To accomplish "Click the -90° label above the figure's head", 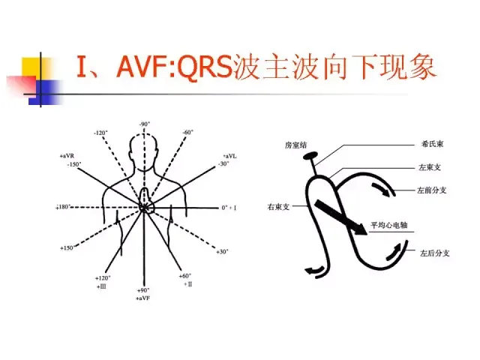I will tap(144, 124).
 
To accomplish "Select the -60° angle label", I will tap(187, 132).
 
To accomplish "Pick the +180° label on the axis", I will tap(63, 206).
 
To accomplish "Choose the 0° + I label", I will tap(229, 206).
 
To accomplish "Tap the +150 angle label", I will tap(67, 247).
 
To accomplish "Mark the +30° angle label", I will tap(223, 251).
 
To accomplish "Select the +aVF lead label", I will tap(144, 298).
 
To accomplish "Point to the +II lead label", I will tap(186, 285).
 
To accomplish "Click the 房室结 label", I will tap(295, 144).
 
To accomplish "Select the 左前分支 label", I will tap(433, 191).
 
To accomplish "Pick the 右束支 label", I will tap(279, 205).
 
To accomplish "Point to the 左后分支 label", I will tap(434, 253).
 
